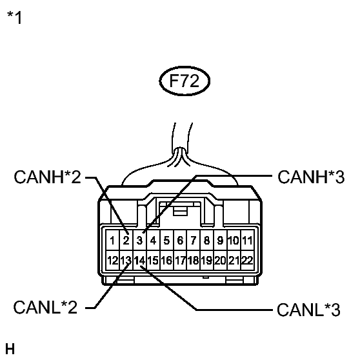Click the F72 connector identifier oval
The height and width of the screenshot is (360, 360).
(x=185, y=81)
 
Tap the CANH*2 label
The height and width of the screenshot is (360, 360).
(x=48, y=177)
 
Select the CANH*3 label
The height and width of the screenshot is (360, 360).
(x=311, y=177)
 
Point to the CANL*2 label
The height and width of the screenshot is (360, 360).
(x=45, y=308)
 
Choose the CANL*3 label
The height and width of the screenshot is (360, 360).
(x=308, y=310)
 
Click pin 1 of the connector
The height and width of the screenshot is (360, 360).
(x=112, y=241)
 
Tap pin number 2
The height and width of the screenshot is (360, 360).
(x=126, y=241)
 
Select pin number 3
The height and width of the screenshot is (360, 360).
(x=139, y=241)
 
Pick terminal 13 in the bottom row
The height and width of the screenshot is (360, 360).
(x=126, y=261)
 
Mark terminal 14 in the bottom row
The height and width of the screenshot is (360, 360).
(x=139, y=261)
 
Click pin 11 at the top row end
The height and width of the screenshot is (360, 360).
(x=247, y=241)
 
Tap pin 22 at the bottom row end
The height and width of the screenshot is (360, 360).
(x=247, y=261)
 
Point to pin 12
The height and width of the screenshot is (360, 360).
(x=112, y=261)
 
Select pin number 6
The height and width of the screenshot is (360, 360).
(x=180, y=241)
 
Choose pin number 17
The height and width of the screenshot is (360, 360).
(x=180, y=261)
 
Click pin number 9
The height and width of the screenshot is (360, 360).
(x=220, y=241)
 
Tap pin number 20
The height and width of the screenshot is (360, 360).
(x=220, y=261)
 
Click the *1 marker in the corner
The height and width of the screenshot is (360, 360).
(x=15, y=17)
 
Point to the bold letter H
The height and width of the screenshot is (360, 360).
(x=10, y=349)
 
